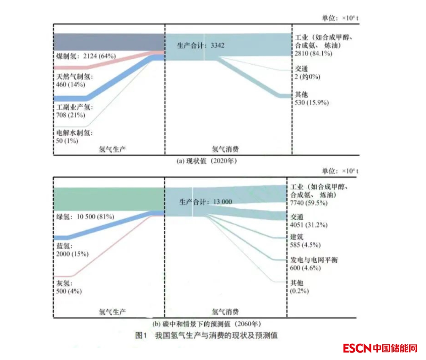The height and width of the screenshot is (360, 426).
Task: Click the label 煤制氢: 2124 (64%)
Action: click(x=86, y=56)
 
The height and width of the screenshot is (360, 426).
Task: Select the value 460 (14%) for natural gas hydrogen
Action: click(x=71, y=85)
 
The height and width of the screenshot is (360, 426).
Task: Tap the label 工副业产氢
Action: click(x=74, y=107)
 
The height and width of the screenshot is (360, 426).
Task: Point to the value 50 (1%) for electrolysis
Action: click(x=67, y=141)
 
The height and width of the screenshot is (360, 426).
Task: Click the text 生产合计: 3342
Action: click(x=201, y=45)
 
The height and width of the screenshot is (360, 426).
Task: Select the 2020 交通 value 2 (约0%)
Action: click(x=307, y=77)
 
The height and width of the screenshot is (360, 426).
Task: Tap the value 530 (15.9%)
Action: click(x=312, y=103)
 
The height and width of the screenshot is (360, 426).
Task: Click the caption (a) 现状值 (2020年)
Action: click(x=206, y=161)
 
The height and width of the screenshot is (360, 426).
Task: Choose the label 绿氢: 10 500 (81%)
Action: click(x=85, y=217)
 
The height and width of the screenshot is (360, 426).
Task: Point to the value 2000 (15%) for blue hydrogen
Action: click(x=72, y=254)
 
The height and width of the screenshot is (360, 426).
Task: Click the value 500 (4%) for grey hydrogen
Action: click(x=69, y=291)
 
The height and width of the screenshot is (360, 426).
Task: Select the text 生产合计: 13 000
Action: click(x=206, y=202)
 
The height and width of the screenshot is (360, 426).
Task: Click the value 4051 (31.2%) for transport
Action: click(x=309, y=225)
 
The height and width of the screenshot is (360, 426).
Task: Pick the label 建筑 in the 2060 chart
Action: click(x=297, y=237)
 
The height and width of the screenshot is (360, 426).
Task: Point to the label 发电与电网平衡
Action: click(x=314, y=260)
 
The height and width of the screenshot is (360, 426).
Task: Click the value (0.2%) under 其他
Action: click(x=300, y=291)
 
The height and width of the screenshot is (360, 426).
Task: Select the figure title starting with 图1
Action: click(x=206, y=335)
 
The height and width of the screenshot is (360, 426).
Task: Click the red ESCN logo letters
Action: click(x=357, y=348)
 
